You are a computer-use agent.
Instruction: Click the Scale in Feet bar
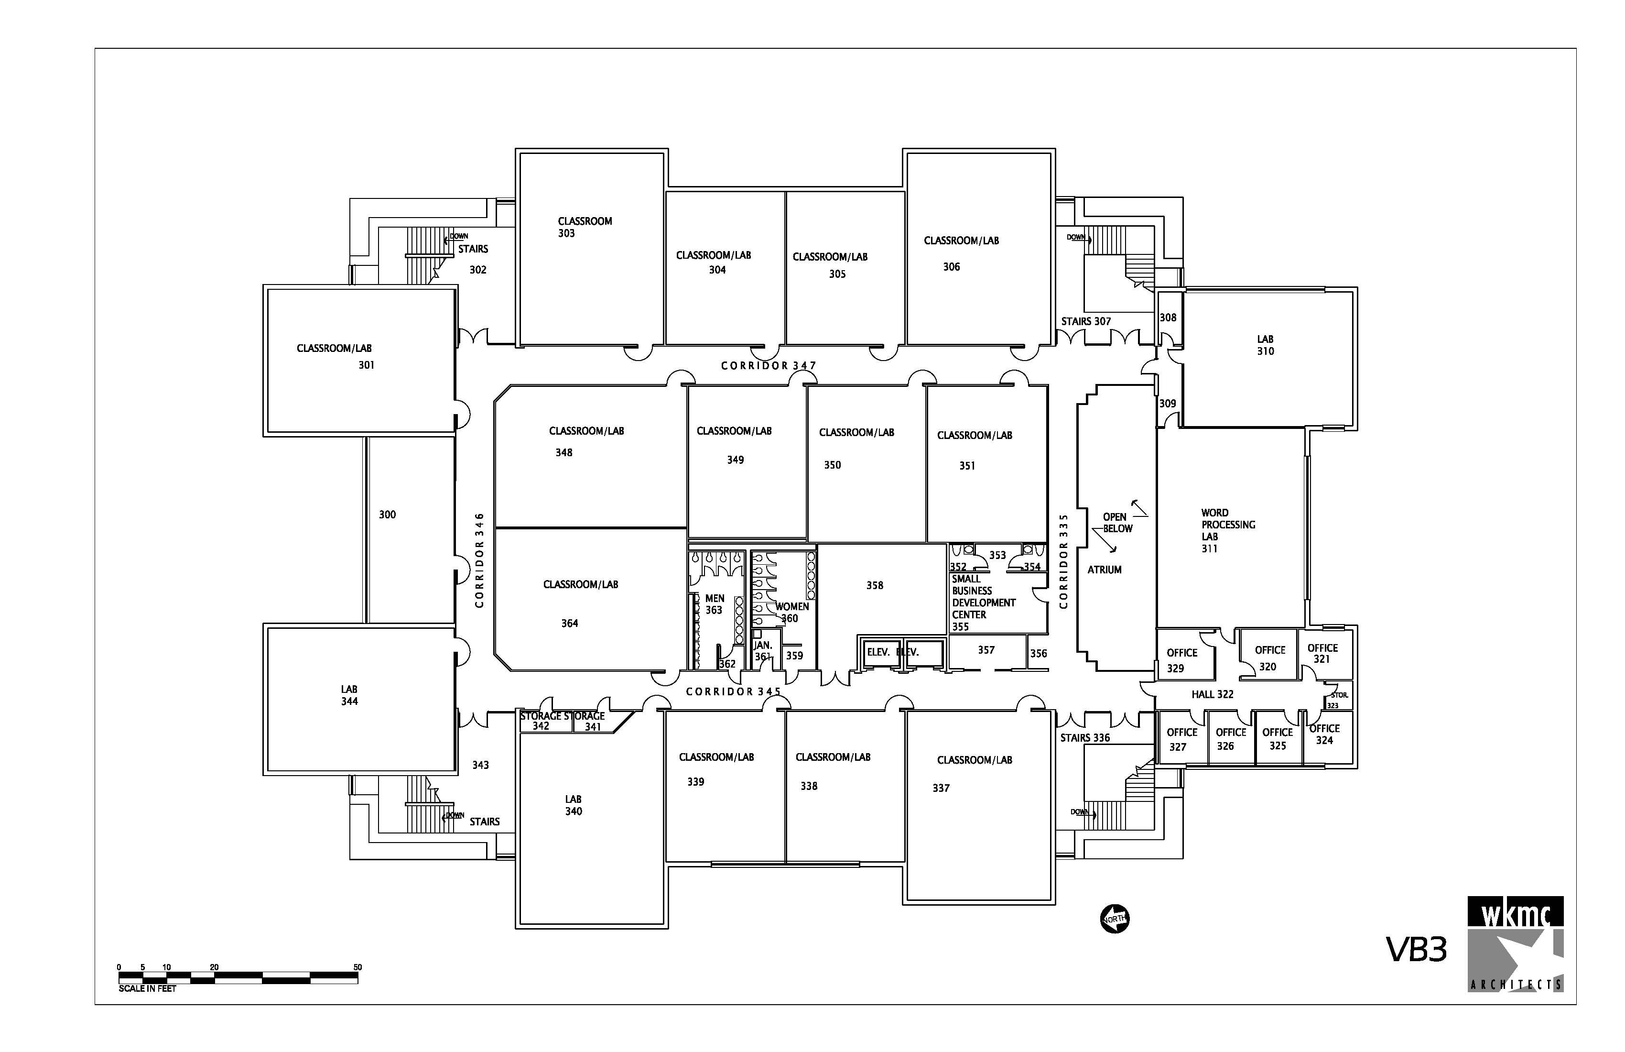238,977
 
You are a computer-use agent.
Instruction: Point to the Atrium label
1104,570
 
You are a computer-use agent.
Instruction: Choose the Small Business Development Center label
983,603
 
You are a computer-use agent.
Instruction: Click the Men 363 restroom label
714,604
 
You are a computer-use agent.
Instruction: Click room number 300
387,515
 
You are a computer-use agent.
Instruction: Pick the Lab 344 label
349,695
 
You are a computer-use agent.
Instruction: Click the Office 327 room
1181,740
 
